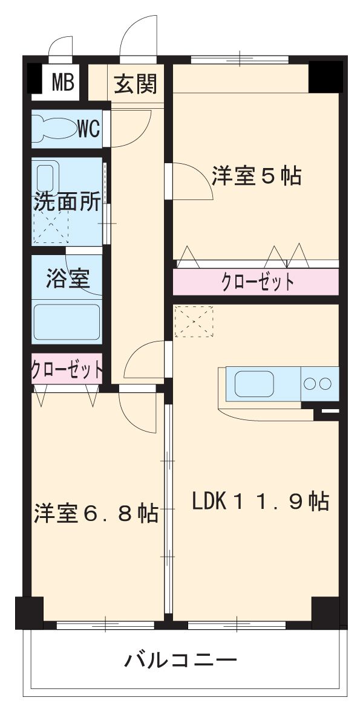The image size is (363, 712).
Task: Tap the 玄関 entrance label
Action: pyautogui.click(x=136, y=83)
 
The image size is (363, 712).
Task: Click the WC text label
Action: pyautogui.click(x=89, y=128)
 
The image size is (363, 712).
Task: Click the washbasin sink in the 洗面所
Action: pyautogui.click(x=47, y=177)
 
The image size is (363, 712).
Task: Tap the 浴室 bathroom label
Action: pyautogui.click(x=68, y=279)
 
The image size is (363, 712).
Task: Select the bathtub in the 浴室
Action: pyautogui.click(x=67, y=322)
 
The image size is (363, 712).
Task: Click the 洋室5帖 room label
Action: pyautogui.click(x=257, y=176)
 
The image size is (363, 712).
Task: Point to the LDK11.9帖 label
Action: pyautogui.click(x=260, y=501)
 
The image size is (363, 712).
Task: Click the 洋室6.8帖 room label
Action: pyautogui.click(x=96, y=513)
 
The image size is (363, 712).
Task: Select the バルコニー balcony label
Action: pyautogui.click(x=180, y=660)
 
